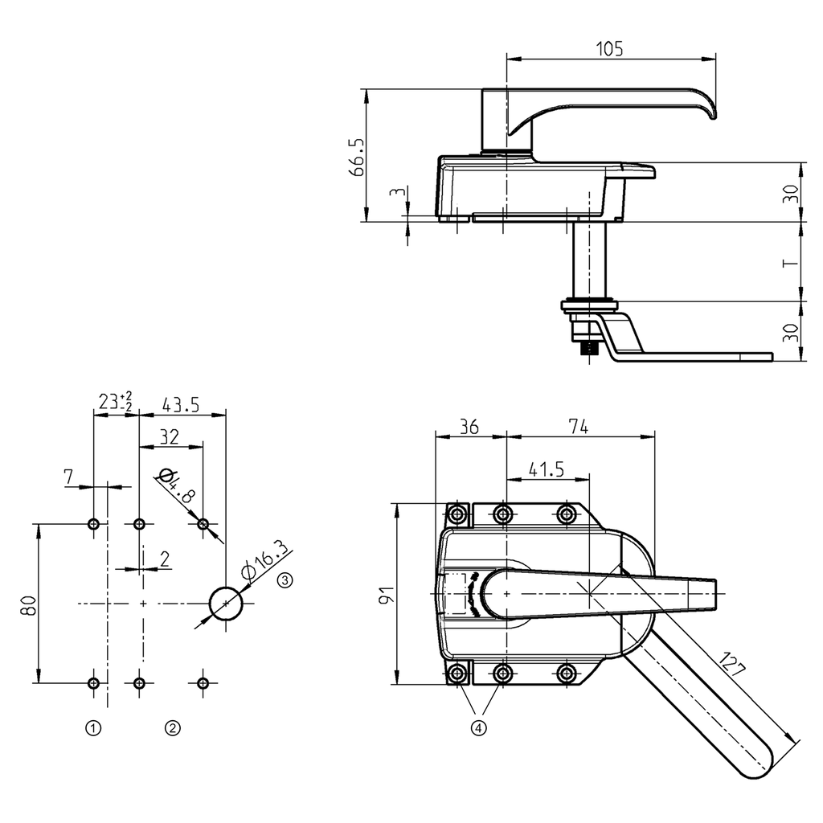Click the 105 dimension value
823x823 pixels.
pos(609,49)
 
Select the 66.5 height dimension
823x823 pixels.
pos(356,156)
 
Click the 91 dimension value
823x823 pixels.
pos(385,596)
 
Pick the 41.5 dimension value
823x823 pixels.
pos(547,469)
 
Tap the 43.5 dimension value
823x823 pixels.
pos(181,404)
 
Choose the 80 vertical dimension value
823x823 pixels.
pos(28,604)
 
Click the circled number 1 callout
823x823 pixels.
pos(94,728)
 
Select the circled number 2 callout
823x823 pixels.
pos(172,728)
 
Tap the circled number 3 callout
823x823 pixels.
pos(286,579)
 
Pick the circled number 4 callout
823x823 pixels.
pos(479,728)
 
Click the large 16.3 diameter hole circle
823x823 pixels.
pos(226,603)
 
